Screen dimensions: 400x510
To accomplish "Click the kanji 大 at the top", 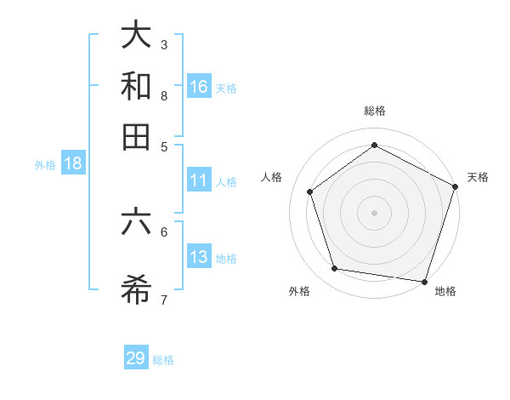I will [136, 36].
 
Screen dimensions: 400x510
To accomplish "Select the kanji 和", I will [136, 87].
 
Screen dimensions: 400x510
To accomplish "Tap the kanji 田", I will [136, 137].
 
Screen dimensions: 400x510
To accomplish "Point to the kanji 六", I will [136, 222].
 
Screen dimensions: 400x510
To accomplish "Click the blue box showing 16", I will [199, 87].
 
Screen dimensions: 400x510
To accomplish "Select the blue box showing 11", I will [199, 180].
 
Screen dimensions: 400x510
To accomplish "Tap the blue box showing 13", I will [199, 257].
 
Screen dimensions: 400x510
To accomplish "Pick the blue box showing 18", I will [73, 164].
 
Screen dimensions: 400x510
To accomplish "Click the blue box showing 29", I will [136, 358].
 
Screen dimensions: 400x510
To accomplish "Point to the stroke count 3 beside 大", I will [164, 44].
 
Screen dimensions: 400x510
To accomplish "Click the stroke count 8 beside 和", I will [164, 95].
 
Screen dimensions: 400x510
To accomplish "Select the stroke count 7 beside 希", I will [164, 300].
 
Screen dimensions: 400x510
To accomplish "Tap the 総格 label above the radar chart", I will [375, 111].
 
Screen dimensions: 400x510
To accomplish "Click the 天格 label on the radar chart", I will [478, 177].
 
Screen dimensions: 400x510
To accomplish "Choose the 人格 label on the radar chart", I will [272, 177].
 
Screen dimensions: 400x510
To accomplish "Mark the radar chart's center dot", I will [375, 212].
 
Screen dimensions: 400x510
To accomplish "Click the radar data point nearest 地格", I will [424, 281].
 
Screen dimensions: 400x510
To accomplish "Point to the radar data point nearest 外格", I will [335, 269].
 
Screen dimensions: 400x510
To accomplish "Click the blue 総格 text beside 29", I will [163, 360].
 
